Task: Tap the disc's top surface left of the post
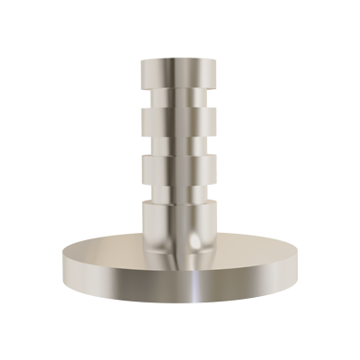click(x=102, y=252)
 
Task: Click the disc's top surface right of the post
click(x=260, y=252)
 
